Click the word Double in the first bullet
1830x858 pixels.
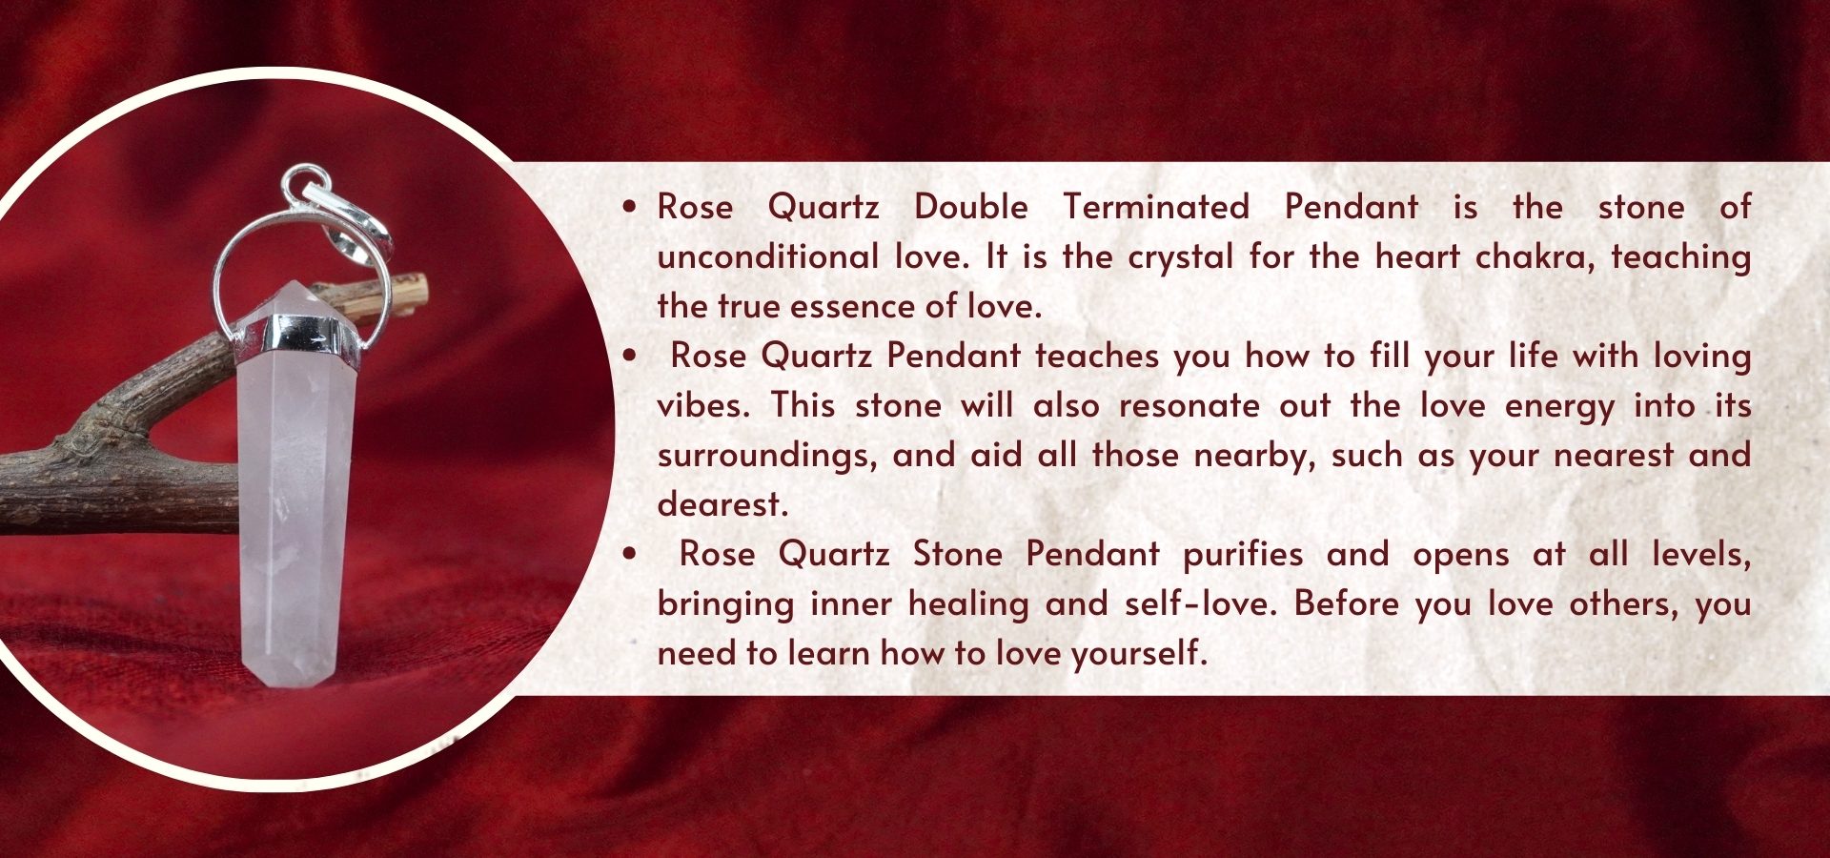[970, 207]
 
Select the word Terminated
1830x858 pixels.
[1156, 207]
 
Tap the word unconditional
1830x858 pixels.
[768, 256]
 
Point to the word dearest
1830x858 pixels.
[723, 504]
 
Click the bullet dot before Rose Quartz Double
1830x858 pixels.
[629, 206]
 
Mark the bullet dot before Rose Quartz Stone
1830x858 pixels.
[629, 553]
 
